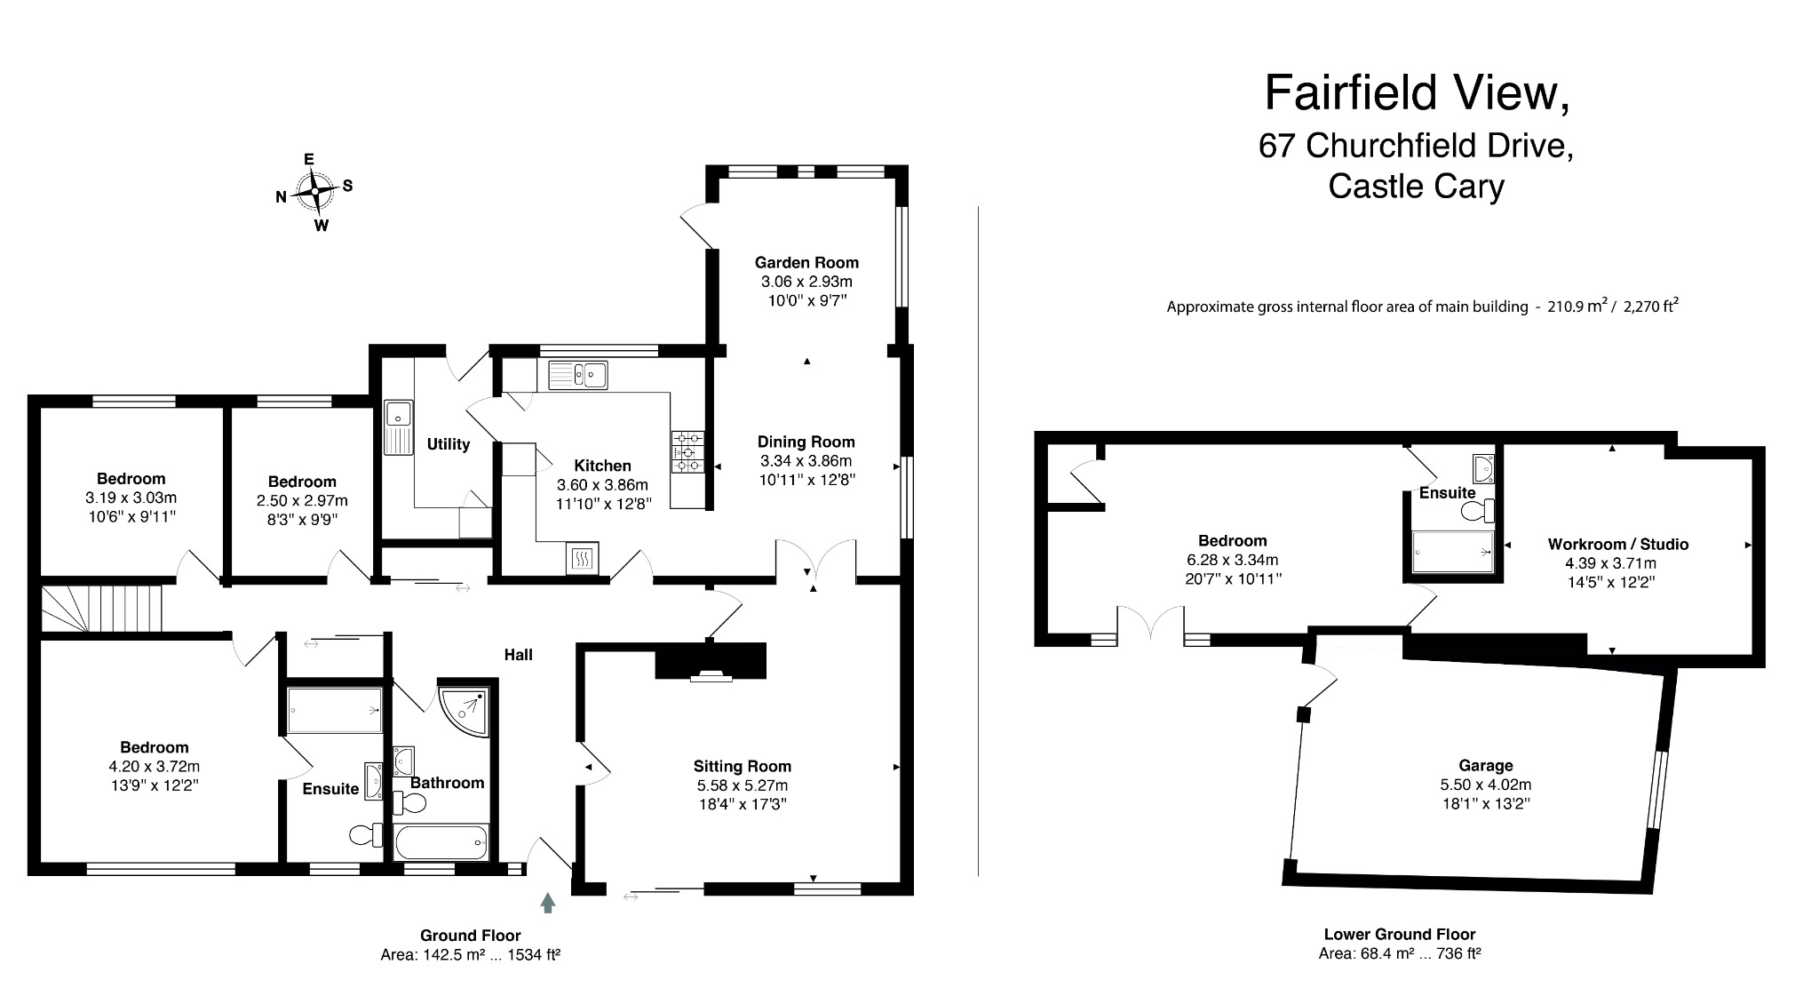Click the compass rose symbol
tap(314, 191)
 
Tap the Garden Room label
tap(806, 262)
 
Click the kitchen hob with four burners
tap(688, 451)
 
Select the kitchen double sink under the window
tap(577, 375)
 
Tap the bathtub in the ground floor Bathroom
tap(441, 841)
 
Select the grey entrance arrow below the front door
tap(548, 903)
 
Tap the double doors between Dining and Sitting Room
tap(815, 562)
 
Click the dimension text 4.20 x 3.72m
tap(155, 766)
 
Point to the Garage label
tap(1485, 765)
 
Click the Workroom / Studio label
tap(1617, 544)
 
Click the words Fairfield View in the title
tap(1417, 93)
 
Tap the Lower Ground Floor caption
tap(1399, 934)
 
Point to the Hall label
tap(518, 654)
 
